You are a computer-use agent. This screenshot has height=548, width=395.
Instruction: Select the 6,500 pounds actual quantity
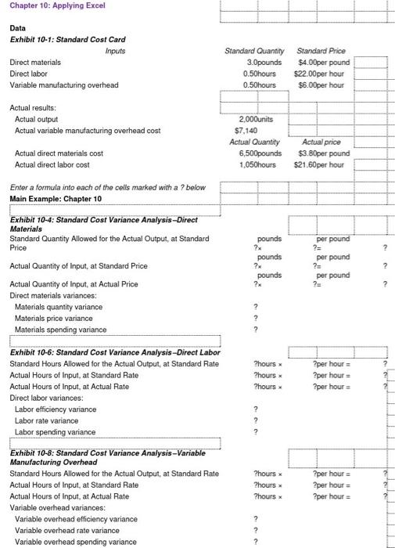click(255, 153)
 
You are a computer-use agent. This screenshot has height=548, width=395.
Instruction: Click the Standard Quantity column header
click(253, 51)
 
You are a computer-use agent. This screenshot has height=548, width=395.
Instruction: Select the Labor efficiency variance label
click(54, 409)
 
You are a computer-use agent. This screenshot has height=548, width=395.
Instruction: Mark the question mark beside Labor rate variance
click(255, 420)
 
